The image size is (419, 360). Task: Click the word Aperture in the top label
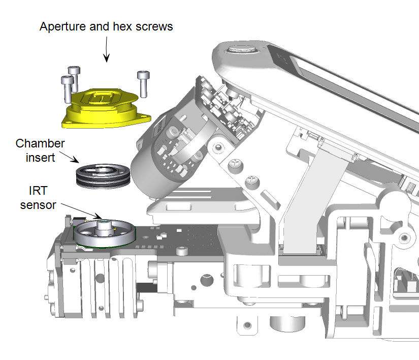(x=60, y=26)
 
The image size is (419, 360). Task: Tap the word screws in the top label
(x=155, y=26)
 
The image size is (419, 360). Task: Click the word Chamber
(x=40, y=143)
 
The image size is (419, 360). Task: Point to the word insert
(x=41, y=158)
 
